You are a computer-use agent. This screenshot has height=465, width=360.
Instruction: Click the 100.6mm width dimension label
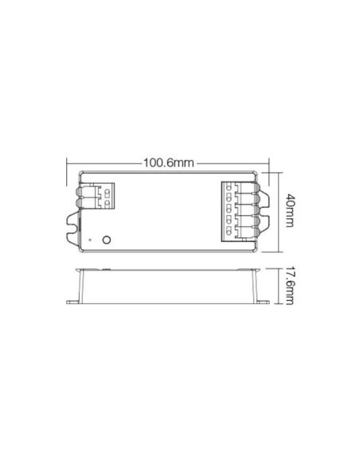click(168, 162)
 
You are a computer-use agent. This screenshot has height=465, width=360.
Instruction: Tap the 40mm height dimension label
click(289, 210)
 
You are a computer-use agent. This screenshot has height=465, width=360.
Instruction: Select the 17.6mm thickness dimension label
click(289, 286)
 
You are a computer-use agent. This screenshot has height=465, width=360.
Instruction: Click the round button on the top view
click(107, 240)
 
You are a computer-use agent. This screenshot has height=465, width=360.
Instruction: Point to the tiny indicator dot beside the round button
click(90, 240)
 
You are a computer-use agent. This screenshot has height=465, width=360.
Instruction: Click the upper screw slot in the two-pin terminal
click(107, 193)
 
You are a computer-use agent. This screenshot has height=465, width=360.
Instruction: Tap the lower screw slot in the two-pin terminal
click(107, 203)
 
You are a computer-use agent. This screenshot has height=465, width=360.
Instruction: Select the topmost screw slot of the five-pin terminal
click(229, 187)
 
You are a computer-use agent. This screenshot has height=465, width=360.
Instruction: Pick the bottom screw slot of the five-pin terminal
click(229, 230)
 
